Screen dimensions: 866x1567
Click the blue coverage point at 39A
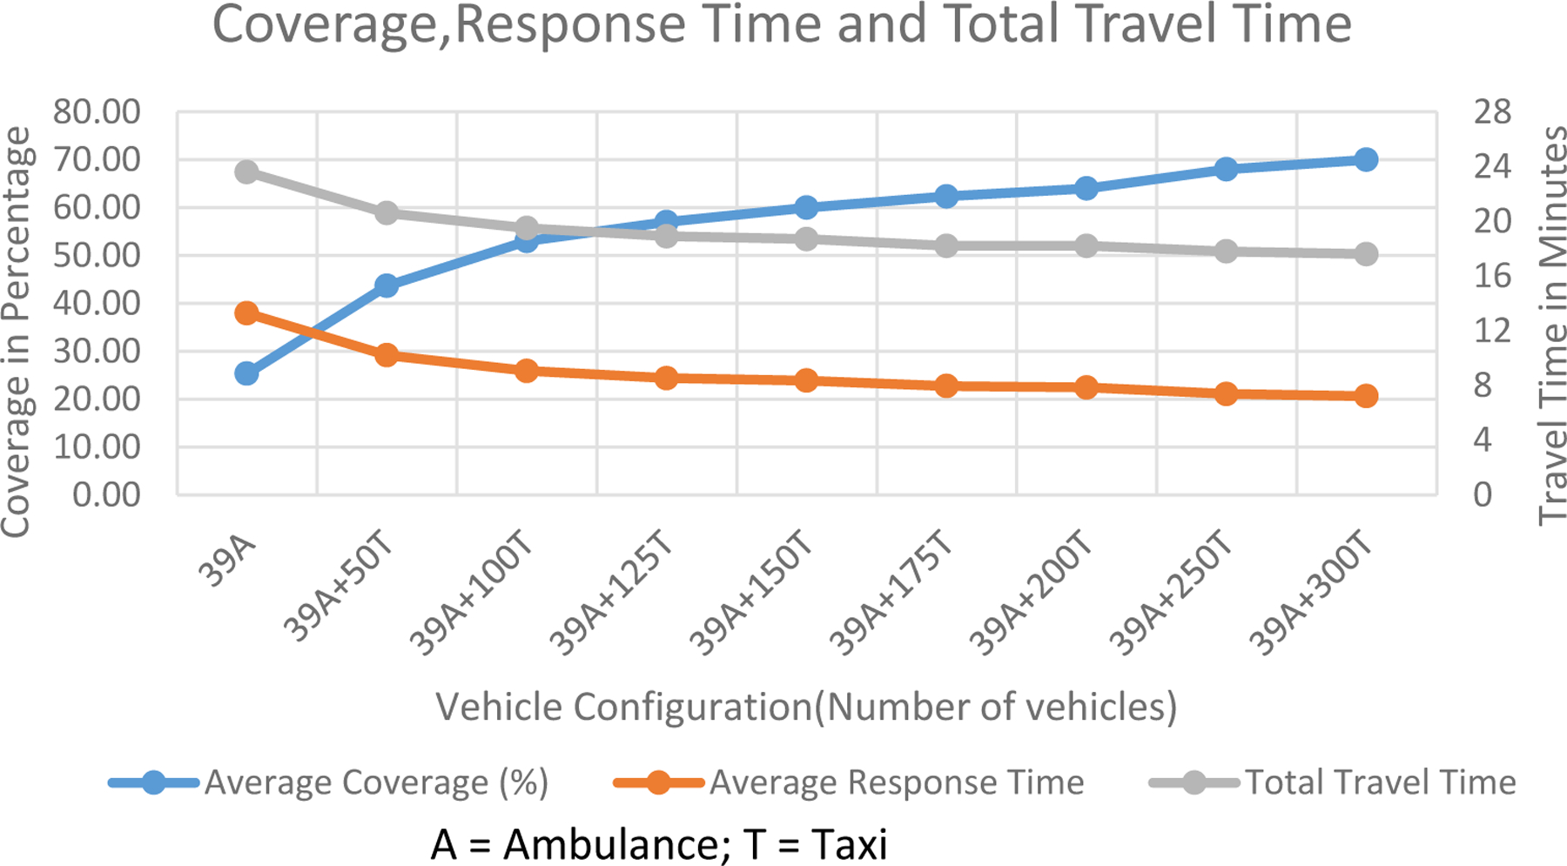point(246,373)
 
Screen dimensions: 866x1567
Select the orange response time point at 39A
point(246,313)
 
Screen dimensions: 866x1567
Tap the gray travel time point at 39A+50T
point(387,213)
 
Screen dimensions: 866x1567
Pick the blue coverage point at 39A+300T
point(1366,159)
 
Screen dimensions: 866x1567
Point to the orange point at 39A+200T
point(1086,387)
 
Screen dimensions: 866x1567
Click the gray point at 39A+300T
point(1366,254)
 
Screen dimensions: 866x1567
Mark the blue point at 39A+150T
point(806,207)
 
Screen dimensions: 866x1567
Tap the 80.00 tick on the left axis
point(97,112)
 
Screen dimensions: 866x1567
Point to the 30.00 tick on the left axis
point(97,351)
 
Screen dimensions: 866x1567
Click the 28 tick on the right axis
point(1492,112)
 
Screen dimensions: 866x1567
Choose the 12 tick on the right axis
point(1492,331)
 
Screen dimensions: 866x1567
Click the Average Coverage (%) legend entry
point(375,782)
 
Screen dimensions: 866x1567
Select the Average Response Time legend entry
point(896,782)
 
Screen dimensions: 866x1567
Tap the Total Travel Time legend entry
point(1380,782)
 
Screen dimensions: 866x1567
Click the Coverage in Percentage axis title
point(16,332)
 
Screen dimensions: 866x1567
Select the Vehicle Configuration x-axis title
point(806,707)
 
